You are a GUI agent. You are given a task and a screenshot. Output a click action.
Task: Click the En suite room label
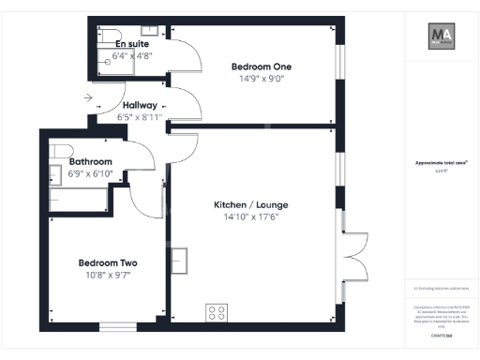[133, 43]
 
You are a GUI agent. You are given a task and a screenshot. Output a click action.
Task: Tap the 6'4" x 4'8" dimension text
[133, 55]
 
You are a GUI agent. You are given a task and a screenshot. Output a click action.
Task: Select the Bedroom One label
[262, 67]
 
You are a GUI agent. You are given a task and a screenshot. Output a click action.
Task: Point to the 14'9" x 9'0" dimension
[262, 80]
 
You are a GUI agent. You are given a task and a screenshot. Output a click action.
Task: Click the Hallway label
[140, 105]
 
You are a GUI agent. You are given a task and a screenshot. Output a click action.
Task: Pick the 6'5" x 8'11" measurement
[140, 117]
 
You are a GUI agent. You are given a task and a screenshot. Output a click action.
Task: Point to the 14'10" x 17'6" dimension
[245, 217]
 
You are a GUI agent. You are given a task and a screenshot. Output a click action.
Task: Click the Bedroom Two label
[107, 262]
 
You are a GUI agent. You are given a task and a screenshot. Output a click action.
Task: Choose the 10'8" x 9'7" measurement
[107, 277]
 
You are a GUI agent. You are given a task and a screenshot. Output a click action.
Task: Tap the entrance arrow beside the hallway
[87, 97]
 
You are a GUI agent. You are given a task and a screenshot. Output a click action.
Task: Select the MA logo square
[442, 37]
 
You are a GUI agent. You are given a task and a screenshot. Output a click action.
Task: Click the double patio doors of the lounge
[352, 253]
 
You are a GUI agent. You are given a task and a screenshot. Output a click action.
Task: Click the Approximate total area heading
[442, 162]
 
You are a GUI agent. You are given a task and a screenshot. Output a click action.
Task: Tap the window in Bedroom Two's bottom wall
[116, 326]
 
